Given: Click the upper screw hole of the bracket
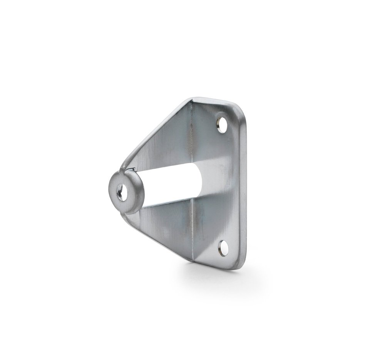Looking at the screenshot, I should click(x=222, y=126).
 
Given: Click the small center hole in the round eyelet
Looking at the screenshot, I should click(x=121, y=192).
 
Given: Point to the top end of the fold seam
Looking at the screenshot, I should click(x=191, y=101).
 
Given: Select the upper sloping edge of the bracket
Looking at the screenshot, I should click(x=154, y=131).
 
